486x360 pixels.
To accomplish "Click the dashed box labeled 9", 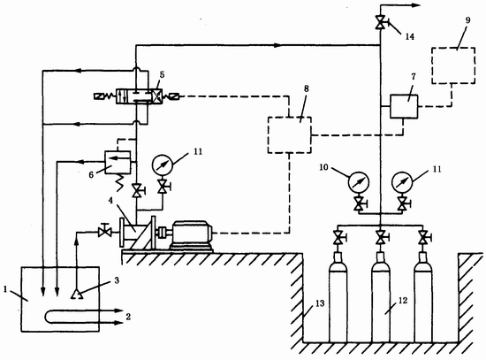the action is (453, 48).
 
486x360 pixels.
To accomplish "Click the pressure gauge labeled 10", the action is (359, 182).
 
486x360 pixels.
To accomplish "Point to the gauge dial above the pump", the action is (162, 165).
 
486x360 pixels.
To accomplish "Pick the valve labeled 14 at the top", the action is (381, 22).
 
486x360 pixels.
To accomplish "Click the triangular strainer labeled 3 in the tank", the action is (77, 294).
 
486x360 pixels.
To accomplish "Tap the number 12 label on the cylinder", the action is (403, 301).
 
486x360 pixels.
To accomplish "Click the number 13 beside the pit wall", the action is (320, 303).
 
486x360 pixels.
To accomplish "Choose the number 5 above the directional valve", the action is (162, 75).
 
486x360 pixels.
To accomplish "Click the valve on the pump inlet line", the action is (105, 231).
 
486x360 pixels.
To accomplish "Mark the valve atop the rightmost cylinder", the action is (423, 238).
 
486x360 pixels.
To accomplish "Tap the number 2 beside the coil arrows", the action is (128, 317).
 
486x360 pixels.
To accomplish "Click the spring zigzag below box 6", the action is (119, 182).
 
